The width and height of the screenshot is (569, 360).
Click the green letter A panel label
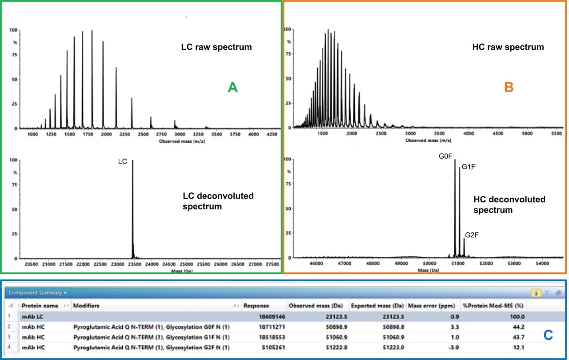(233, 88)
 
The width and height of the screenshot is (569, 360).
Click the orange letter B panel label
(509, 87)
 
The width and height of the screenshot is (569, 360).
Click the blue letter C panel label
(548, 335)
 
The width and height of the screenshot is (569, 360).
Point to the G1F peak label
(469, 167)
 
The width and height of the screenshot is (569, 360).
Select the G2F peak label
(472, 235)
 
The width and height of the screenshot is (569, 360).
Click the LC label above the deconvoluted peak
(123, 162)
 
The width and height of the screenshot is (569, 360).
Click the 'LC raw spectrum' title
(216, 47)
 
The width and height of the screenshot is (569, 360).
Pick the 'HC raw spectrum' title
(508, 47)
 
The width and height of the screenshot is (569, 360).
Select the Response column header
(256, 306)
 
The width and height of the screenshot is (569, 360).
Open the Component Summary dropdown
(38, 293)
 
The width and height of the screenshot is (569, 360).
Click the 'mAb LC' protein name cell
(33, 317)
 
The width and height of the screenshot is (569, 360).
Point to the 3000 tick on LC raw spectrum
(180, 134)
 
